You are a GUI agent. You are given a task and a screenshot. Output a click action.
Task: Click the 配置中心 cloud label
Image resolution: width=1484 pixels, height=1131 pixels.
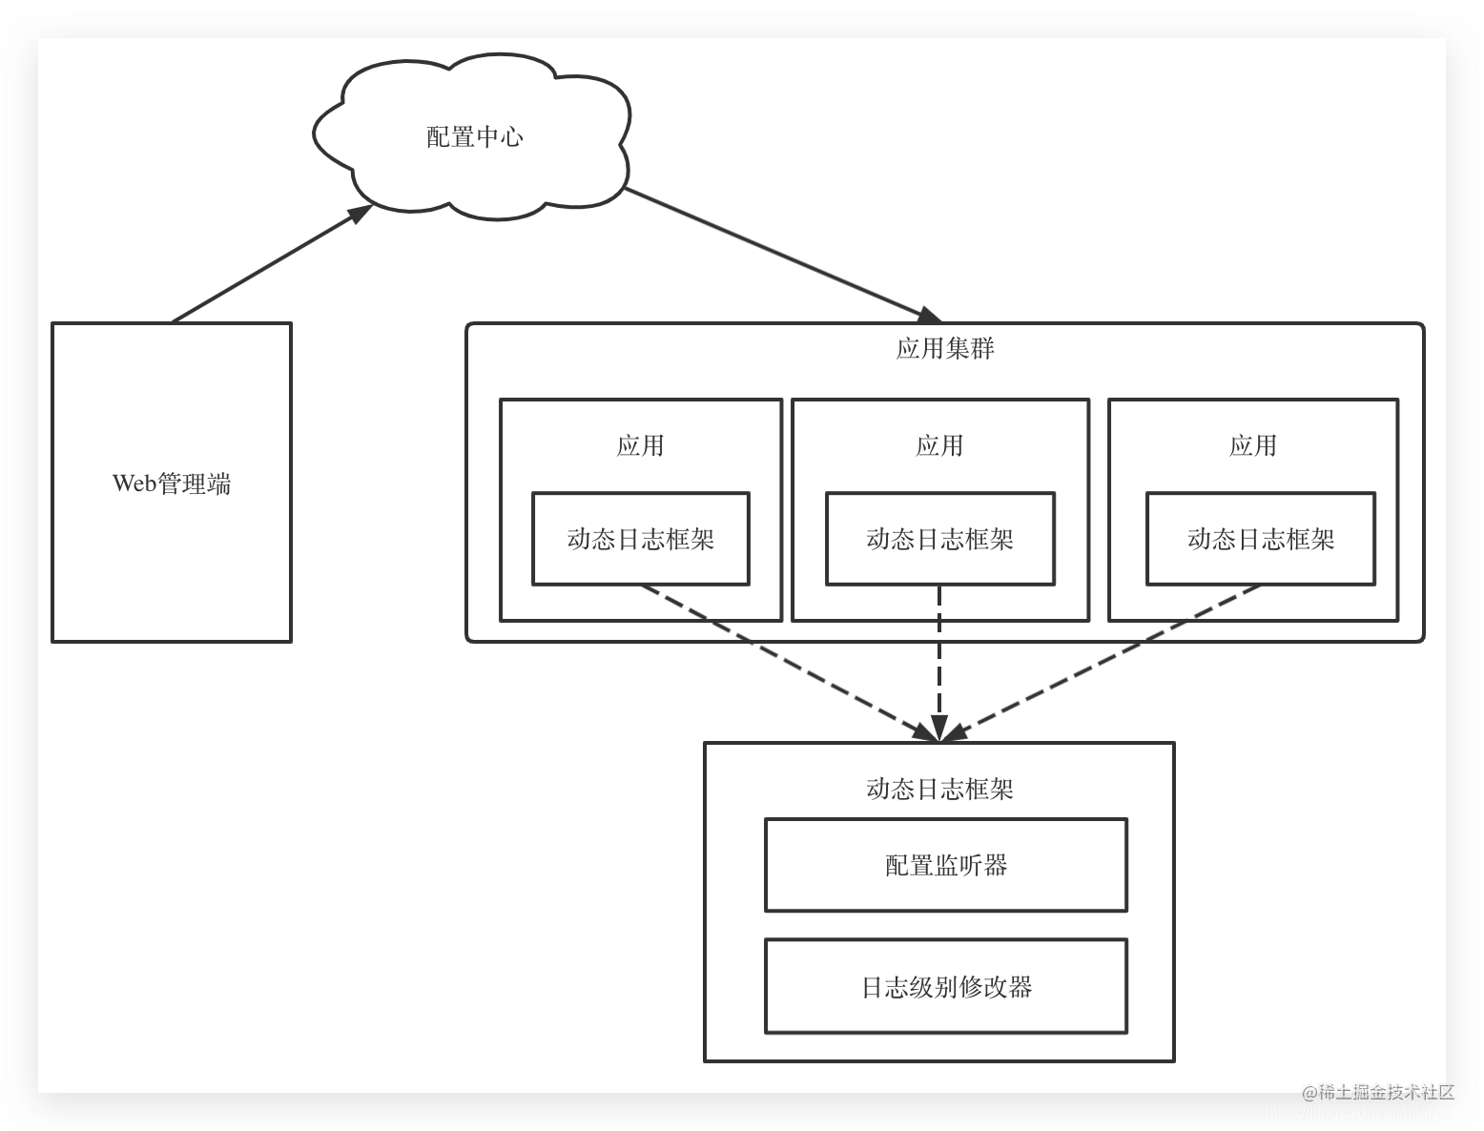point(474,137)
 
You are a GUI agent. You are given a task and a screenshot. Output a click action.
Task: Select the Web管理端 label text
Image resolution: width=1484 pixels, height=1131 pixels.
point(172,483)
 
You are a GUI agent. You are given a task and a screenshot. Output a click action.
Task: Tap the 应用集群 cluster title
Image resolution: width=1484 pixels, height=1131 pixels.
point(944,348)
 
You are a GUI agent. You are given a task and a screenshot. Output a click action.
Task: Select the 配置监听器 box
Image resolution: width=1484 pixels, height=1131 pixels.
point(945,865)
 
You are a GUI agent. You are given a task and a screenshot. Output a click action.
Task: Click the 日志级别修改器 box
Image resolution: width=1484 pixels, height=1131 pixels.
point(945,986)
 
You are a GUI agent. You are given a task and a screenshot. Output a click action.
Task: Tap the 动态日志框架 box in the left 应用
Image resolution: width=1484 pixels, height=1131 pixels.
point(640,539)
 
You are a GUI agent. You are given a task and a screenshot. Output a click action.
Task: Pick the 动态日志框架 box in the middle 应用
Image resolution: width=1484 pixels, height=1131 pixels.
point(939,539)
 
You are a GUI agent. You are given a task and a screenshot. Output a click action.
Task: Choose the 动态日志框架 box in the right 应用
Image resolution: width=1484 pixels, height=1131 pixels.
point(1260,539)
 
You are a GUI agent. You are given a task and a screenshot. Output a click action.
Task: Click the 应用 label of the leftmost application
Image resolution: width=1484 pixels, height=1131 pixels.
point(640,445)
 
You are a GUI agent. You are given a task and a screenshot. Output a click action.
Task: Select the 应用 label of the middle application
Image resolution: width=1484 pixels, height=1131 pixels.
point(939,445)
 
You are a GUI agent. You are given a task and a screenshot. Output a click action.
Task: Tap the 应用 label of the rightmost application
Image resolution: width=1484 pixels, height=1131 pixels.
point(1252,445)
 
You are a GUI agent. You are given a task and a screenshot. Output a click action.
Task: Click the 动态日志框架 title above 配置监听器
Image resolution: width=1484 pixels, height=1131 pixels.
point(939,789)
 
